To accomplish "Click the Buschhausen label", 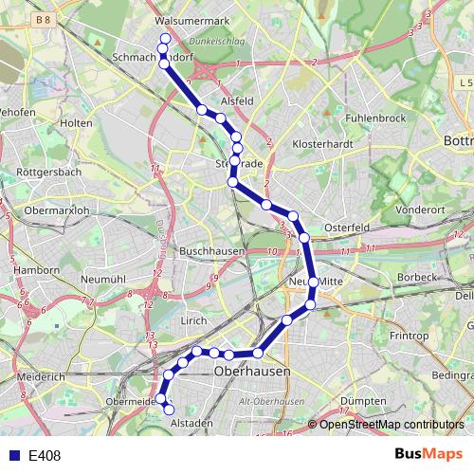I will (x=212, y=251).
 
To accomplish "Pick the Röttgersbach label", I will (x=49, y=173).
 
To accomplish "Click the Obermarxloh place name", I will (x=57, y=210).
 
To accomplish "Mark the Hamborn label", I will (x=36, y=270).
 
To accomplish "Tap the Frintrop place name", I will (x=409, y=336).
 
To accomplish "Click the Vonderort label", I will (x=419, y=210).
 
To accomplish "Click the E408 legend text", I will (x=45, y=456).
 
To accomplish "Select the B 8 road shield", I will (x=40, y=19).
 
